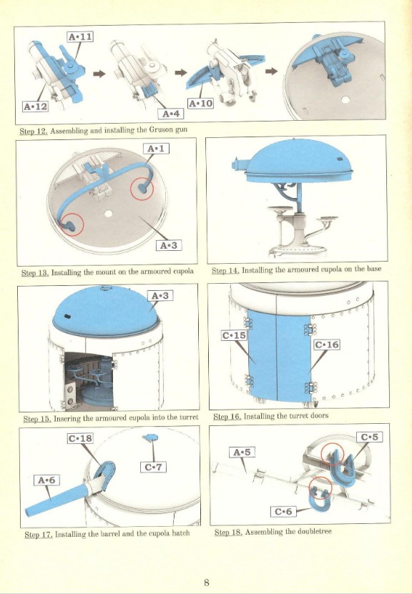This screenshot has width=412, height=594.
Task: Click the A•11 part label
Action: pyautogui.click(x=80, y=36)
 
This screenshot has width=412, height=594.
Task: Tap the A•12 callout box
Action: pyautogui.click(x=36, y=107)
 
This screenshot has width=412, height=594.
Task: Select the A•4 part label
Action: pyautogui.click(x=171, y=114)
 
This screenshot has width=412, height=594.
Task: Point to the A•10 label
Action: pyautogui.click(x=200, y=103)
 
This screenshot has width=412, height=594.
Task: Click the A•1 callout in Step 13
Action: pyautogui.click(x=156, y=149)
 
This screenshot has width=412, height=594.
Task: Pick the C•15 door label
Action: pyautogui.click(x=234, y=335)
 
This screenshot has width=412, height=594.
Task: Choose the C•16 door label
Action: pyautogui.click(x=327, y=345)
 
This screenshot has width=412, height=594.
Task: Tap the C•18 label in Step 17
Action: pyautogui.click(x=80, y=438)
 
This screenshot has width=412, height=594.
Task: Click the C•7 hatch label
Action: pyautogui.click(x=154, y=467)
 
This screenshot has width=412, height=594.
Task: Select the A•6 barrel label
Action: pyautogui.click(x=46, y=480)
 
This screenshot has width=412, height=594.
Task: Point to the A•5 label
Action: pyautogui.click(x=242, y=452)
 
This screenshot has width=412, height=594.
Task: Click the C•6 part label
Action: pyautogui.click(x=283, y=511)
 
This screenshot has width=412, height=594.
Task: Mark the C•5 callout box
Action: pyautogui.click(x=369, y=437)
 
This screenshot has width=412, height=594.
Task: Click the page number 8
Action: pyautogui.click(x=206, y=583)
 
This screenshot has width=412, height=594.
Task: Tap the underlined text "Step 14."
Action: pyautogui.click(x=225, y=270)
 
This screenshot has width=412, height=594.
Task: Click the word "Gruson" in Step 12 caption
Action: pyautogui.click(x=161, y=129)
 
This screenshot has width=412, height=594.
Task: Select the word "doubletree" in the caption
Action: pyautogui.click(x=315, y=532)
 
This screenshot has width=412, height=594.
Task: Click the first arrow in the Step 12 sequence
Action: pyautogui.click(x=99, y=74)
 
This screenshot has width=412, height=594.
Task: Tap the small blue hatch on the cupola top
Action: pyautogui.click(x=151, y=438)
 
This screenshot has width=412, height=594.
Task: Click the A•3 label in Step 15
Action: pyautogui.click(x=160, y=295)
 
